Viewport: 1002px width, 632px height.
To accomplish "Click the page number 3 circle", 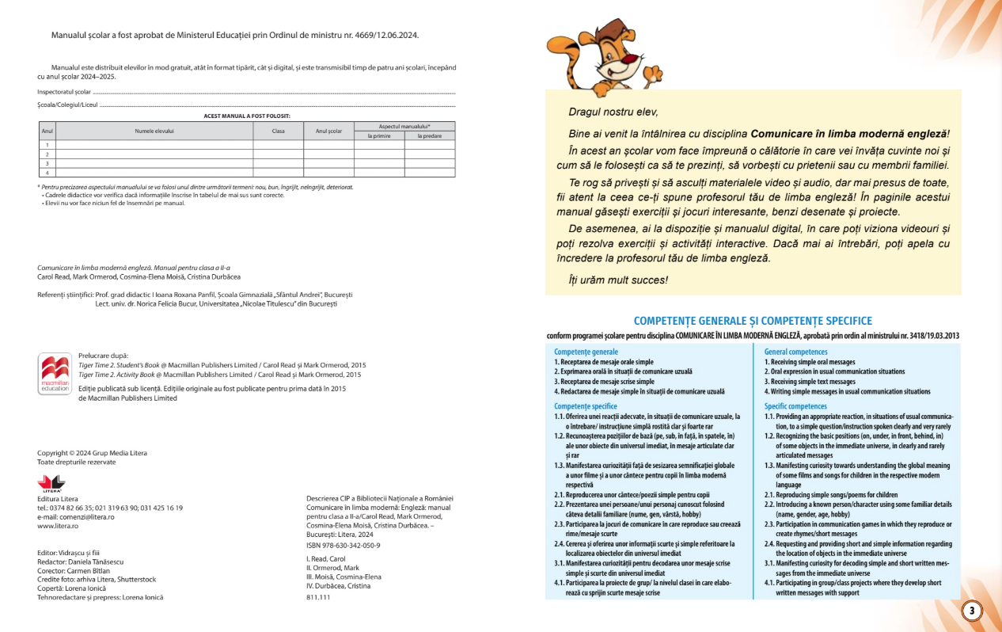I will pos(971,611).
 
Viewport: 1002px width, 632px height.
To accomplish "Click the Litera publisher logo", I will pos(51,482).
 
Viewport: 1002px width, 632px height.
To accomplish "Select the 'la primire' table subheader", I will pos(379,135).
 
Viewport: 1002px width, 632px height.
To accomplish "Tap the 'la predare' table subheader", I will pos(430,135).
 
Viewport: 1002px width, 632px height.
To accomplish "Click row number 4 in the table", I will pos(47,172).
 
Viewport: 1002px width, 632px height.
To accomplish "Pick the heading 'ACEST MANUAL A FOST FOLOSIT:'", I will pos(247,116).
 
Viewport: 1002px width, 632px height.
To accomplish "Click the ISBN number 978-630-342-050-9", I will pos(343,545).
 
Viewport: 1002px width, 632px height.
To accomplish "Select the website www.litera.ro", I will pos(58,526).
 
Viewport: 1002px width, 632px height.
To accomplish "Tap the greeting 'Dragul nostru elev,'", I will pos(613,112).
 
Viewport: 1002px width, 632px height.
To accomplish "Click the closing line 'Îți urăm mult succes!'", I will pos(618,280).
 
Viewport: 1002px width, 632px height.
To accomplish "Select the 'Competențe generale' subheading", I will pos(586,352).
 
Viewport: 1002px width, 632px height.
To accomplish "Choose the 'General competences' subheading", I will pos(795,352).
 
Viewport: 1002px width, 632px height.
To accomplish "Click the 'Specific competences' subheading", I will pos(795,406).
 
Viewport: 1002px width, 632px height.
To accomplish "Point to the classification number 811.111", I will pos(318,597).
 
